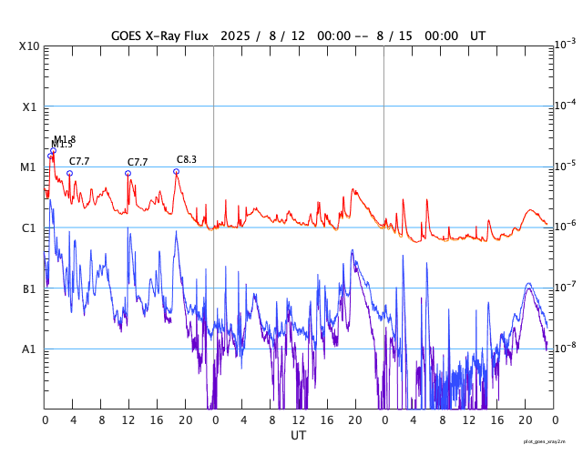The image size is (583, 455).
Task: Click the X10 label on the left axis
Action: [27, 45]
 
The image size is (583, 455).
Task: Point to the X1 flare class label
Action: [29, 106]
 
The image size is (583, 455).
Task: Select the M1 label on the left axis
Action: [28, 167]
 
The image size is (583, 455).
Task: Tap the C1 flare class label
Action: [29, 228]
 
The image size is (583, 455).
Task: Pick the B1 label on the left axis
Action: [29, 289]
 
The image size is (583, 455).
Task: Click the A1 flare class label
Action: [29, 349]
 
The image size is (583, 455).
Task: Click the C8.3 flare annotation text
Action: [187, 159]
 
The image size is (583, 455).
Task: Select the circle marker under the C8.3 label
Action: [176, 171]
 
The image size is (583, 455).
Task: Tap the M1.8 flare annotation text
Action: [65, 139]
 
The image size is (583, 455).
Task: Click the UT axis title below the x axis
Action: [299, 436]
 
